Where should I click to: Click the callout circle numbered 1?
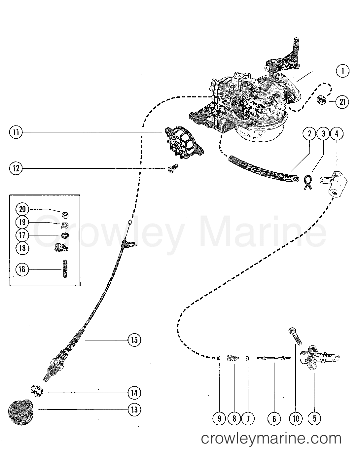click(343, 71)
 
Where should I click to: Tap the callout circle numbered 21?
click(342, 102)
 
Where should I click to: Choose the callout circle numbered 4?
click(337, 134)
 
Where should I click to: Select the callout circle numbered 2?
click(309, 134)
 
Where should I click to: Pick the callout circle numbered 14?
click(134, 393)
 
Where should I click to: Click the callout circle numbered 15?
click(134, 339)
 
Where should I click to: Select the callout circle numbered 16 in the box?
click(22, 269)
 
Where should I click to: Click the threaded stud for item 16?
click(64, 269)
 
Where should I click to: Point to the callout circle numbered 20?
click(22, 209)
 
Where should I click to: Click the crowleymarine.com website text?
click(271, 439)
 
